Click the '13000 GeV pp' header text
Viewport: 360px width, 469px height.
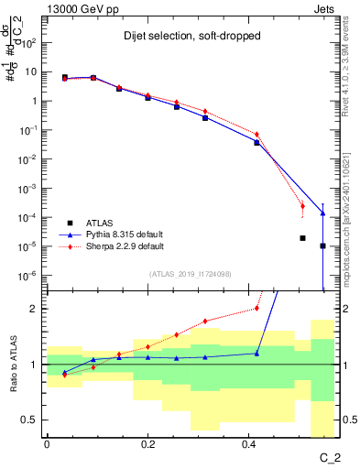(77, 9)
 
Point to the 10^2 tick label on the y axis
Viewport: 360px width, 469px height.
(28, 43)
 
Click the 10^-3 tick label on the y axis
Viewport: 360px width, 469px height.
(27, 189)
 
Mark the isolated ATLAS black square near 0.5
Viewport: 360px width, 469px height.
(302, 238)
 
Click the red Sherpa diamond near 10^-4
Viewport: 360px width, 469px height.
(302, 205)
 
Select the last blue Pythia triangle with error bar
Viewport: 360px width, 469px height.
(322, 213)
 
